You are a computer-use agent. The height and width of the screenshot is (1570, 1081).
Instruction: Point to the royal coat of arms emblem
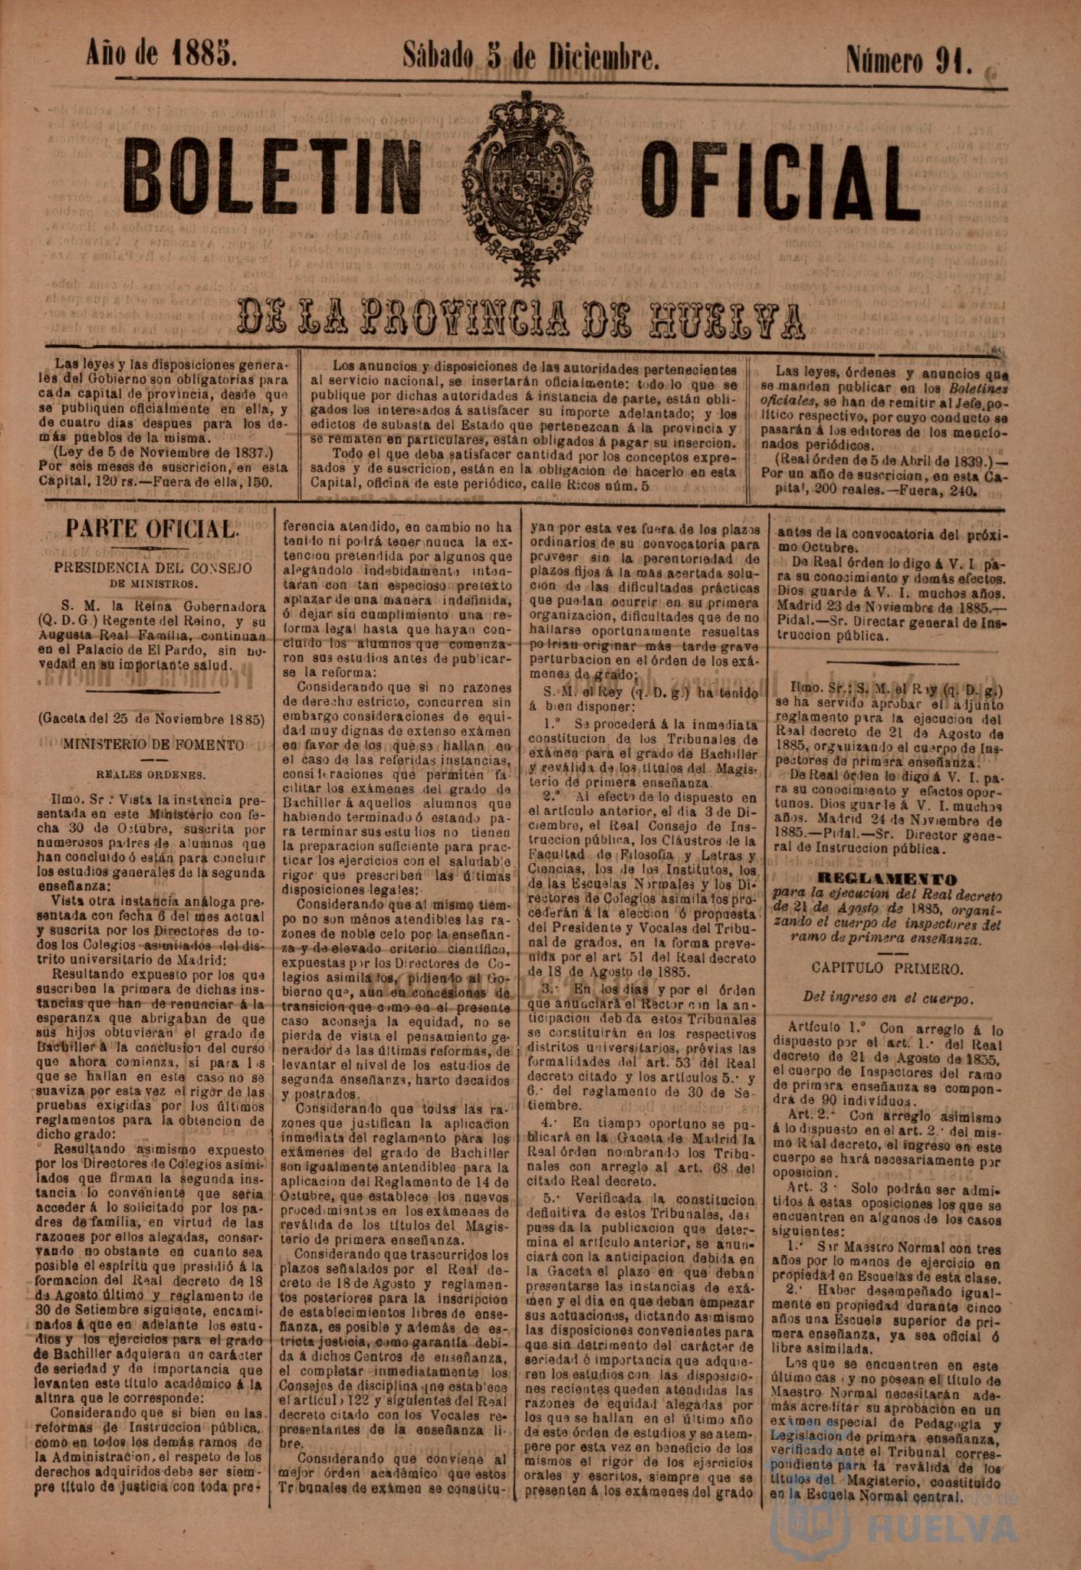527,188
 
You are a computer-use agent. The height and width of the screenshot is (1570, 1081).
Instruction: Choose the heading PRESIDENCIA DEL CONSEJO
153,568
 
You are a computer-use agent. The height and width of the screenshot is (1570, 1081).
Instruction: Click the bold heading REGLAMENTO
888,879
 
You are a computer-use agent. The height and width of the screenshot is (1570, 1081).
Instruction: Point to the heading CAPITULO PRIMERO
888,968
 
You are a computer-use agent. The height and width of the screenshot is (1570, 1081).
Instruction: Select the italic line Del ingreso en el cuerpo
888,998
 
